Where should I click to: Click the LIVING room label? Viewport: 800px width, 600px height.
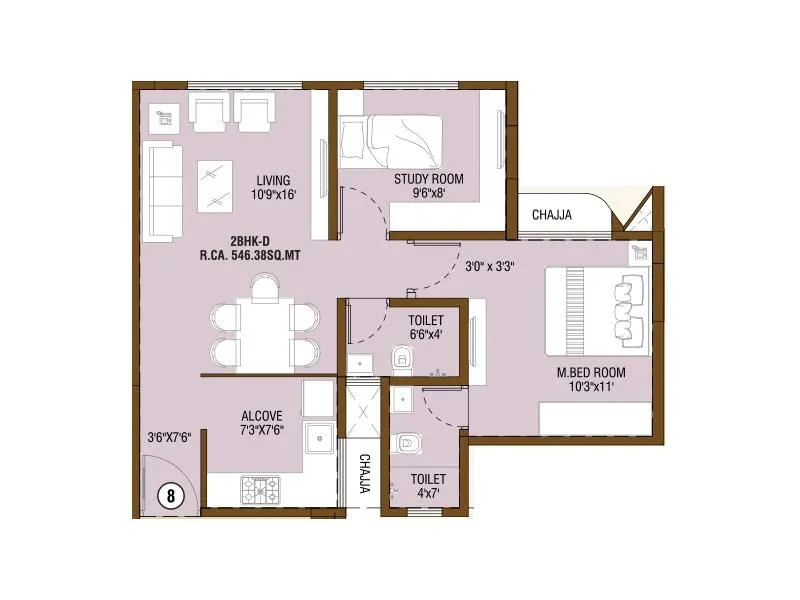274,179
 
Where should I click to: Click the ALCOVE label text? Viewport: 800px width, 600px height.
262,416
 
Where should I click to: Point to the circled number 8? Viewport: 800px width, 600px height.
172,495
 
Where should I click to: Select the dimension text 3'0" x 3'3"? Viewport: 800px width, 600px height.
490,267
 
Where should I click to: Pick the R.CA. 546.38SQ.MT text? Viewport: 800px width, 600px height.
251,255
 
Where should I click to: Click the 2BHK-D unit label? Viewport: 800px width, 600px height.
251,241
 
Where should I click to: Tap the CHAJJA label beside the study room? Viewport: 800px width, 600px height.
552,214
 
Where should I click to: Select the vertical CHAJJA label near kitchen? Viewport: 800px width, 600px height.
365,474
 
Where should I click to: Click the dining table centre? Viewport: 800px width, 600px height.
264,334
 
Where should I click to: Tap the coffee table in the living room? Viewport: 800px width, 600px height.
215,186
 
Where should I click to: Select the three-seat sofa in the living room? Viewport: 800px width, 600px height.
162,190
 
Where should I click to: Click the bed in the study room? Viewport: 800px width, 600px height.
390,143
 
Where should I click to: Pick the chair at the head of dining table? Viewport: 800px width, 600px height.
264,288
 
